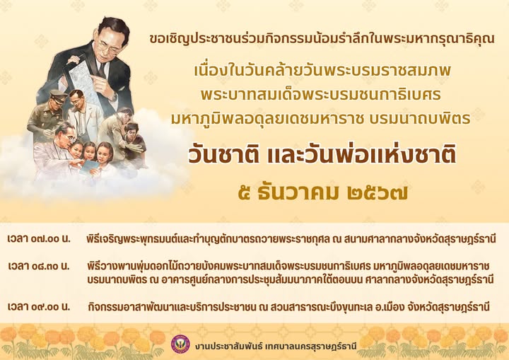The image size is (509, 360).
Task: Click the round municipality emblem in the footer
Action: pyautogui.click(x=180, y=344)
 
